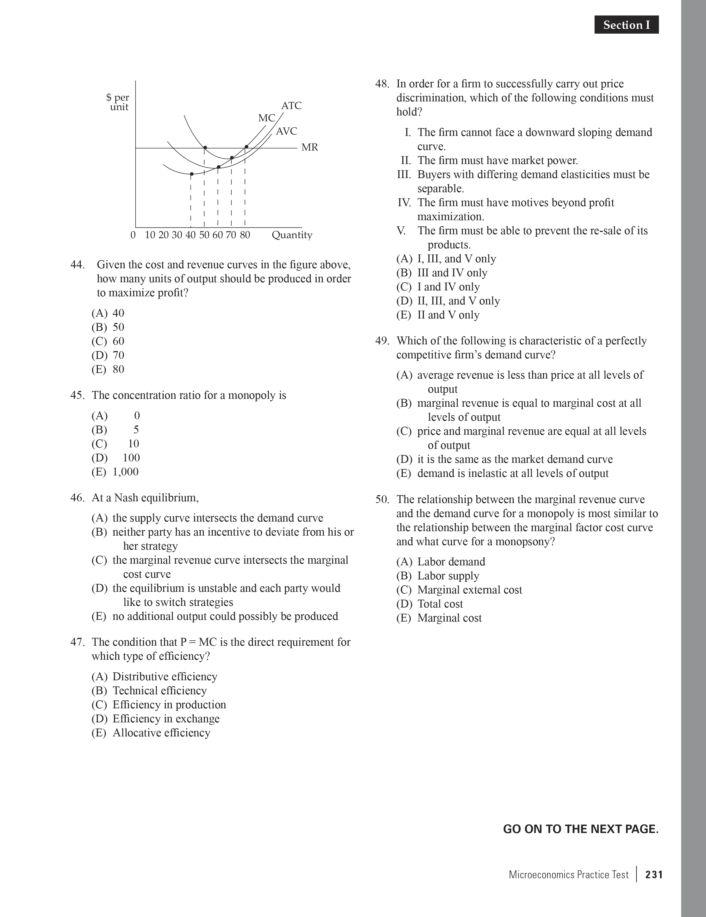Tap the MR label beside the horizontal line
(x=309, y=147)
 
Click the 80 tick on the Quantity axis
(x=245, y=235)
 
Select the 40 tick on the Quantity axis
(x=191, y=235)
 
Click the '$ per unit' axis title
(x=118, y=102)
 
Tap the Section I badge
(x=626, y=25)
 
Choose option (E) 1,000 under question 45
(x=115, y=472)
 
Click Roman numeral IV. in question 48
(x=404, y=203)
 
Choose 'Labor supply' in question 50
(x=448, y=576)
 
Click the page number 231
(x=654, y=875)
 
